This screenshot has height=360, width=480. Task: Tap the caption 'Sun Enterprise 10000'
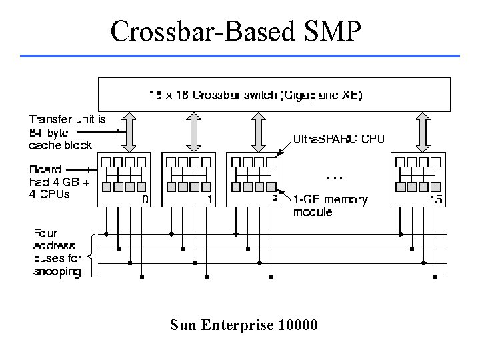[x=244, y=325]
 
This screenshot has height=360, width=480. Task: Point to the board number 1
[x=209, y=199]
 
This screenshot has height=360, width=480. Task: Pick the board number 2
[x=273, y=199]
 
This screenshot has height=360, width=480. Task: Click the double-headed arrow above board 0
[x=129, y=132]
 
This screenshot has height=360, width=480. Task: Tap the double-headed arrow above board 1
[x=194, y=132]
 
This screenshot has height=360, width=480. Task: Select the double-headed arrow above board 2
[x=258, y=132]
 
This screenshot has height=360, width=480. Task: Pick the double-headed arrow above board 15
[x=421, y=132]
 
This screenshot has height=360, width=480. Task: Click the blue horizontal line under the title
[x=240, y=56]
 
